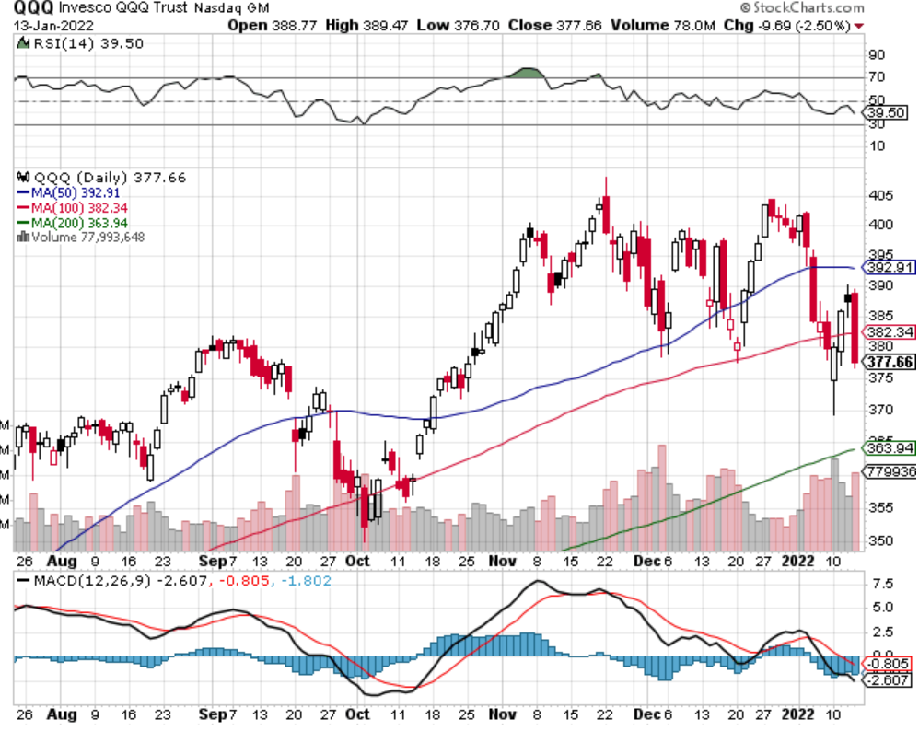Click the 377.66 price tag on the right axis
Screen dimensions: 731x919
[890, 362]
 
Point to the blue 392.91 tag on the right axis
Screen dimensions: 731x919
[890, 268]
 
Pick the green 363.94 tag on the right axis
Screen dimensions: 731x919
[890, 448]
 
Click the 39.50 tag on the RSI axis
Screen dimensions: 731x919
[887, 112]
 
